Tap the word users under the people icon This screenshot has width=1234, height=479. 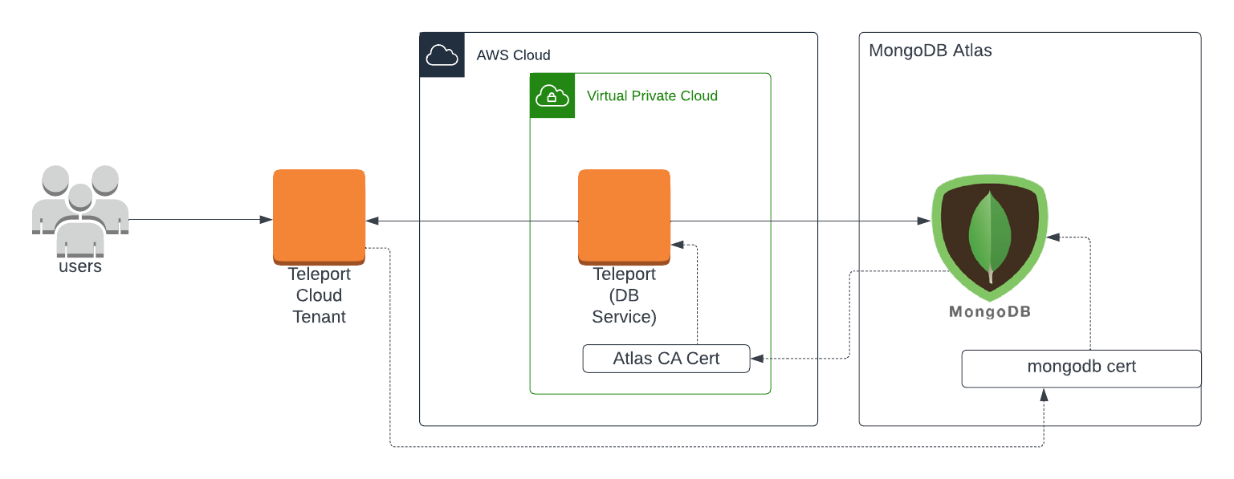point(80,266)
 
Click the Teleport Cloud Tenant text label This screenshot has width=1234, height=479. point(320,295)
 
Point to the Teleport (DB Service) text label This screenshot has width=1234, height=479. point(624,295)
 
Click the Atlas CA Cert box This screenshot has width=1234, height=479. point(666,359)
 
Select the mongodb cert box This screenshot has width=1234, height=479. point(1081,368)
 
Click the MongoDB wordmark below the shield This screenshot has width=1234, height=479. point(989,311)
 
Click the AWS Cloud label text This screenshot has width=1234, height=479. point(513,55)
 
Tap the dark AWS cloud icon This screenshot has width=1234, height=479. point(442,55)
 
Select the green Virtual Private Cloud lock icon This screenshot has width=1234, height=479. point(552,95)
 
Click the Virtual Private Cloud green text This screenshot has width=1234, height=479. point(652,96)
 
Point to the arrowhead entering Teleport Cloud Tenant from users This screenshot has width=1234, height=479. point(266,220)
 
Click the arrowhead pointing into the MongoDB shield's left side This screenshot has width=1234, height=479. point(924,221)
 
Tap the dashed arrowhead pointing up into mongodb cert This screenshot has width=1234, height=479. point(1044,395)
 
